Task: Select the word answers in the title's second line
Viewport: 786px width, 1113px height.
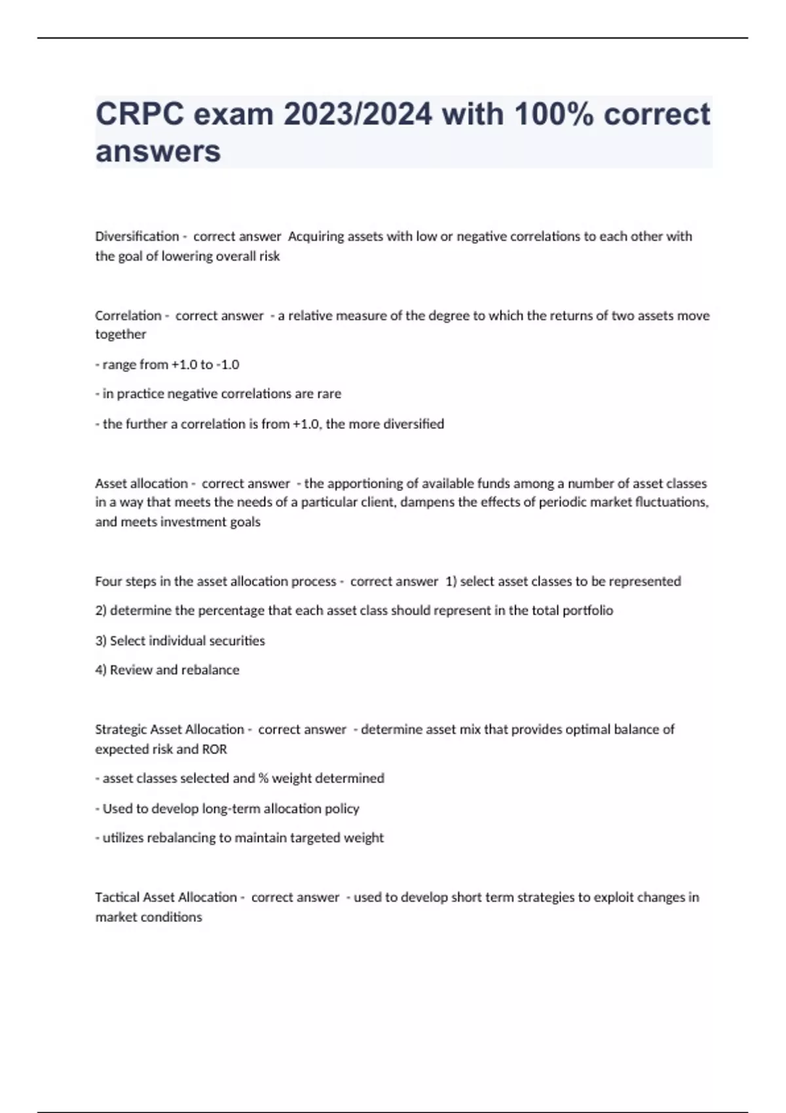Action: point(158,151)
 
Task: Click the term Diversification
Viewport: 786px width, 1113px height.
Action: point(137,236)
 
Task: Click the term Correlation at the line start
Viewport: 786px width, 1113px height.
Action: point(128,316)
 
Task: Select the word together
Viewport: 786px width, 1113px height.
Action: point(121,334)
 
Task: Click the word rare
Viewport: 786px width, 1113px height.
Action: point(329,393)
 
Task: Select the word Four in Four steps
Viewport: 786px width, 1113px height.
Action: point(108,581)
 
